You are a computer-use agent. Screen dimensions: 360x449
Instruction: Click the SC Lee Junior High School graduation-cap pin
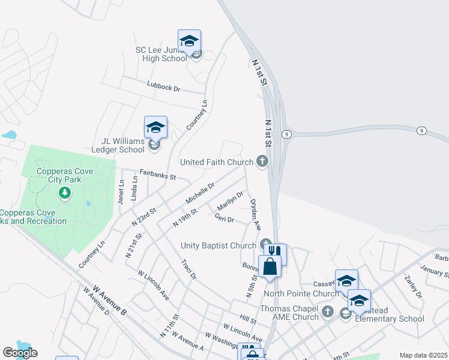(189, 41)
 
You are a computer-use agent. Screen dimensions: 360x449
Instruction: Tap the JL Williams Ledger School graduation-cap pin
(155, 128)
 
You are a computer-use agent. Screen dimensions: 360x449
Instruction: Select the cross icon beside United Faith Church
(262, 161)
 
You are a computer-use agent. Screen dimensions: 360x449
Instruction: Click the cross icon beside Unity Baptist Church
(265, 245)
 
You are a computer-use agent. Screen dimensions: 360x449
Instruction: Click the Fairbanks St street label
(157, 175)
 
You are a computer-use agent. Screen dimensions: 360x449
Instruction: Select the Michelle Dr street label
(200, 193)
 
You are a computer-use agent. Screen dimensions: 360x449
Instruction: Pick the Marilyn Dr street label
(231, 200)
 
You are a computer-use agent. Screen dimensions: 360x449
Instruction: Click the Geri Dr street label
(224, 219)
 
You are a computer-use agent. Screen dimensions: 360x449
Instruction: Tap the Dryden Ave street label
(255, 214)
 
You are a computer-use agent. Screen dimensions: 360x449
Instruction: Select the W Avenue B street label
(109, 301)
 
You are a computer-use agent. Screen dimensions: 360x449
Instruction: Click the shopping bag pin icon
(270, 266)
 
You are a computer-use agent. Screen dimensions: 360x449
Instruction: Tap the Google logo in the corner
(20, 353)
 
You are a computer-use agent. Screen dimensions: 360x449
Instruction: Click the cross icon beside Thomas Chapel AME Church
(327, 311)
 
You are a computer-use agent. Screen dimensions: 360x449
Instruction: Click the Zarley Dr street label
(414, 287)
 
